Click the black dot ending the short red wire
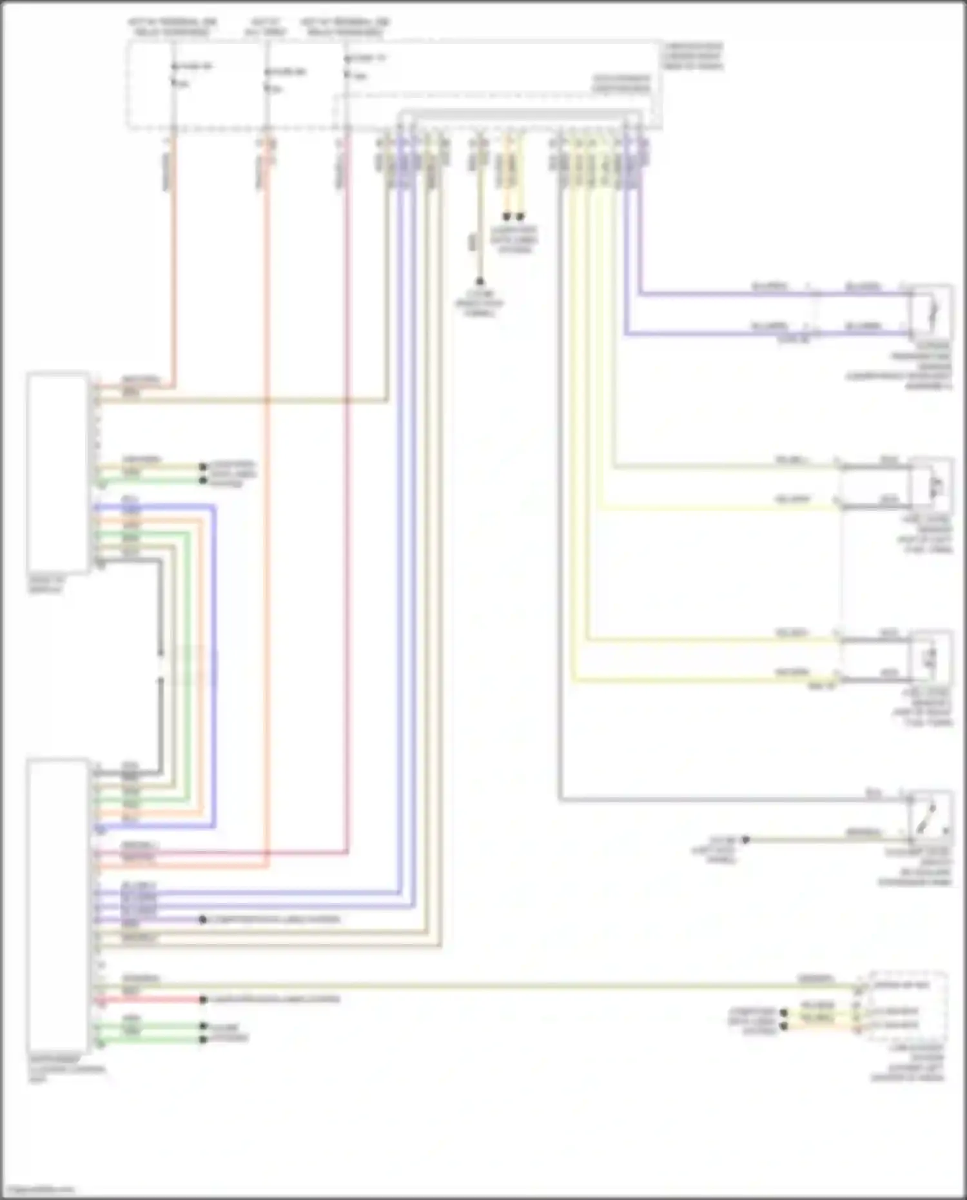tap(203, 999)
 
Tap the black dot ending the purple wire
tap(203, 920)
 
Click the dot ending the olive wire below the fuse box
tap(480, 281)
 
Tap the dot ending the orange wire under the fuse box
tap(507, 217)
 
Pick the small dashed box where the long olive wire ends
tap(908, 1005)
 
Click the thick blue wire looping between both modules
tap(214, 664)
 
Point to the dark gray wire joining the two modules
tap(160, 664)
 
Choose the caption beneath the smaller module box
tap(46, 585)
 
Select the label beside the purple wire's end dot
tap(271, 920)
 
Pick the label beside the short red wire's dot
tap(275, 999)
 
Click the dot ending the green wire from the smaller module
tap(203, 480)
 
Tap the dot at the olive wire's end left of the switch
tap(746, 840)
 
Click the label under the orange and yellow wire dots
tap(514, 240)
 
